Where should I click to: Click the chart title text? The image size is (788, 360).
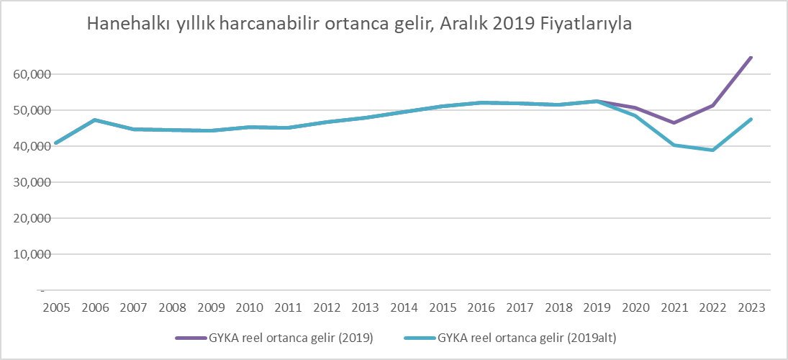359,24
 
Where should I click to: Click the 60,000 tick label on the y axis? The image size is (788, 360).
30,74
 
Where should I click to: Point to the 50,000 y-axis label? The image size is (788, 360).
30,110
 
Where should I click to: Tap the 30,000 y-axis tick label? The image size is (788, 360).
30,182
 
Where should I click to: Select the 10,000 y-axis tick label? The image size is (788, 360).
30,254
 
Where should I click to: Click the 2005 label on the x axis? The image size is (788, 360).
56,307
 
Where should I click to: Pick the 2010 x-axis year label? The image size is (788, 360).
249,307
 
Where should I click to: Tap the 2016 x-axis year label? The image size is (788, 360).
481,307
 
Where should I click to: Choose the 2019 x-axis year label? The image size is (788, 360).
597,307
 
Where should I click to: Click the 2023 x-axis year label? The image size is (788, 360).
751,307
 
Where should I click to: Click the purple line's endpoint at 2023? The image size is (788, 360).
751,58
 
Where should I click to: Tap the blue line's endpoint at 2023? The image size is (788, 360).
751,120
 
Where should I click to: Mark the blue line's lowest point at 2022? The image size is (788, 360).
712,150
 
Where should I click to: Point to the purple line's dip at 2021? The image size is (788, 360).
674,122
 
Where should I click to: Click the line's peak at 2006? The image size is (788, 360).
95,120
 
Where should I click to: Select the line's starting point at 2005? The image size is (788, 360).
56,143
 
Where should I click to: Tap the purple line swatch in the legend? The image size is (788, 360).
191,337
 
